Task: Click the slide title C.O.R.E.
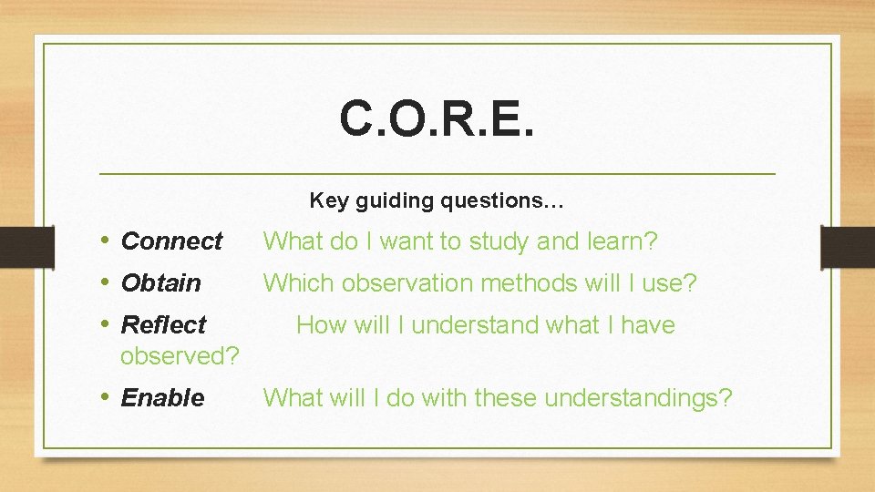click(437, 118)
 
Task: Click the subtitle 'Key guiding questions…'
click(437, 200)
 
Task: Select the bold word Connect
click(171, 241)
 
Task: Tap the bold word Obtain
click(160, 283)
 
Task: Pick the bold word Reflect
click(163, 325)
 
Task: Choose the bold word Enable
click(162, 398)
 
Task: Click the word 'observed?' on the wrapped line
click(180, 356)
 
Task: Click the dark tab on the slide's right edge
click(847, 247)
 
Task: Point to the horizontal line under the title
click(437, 173)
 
